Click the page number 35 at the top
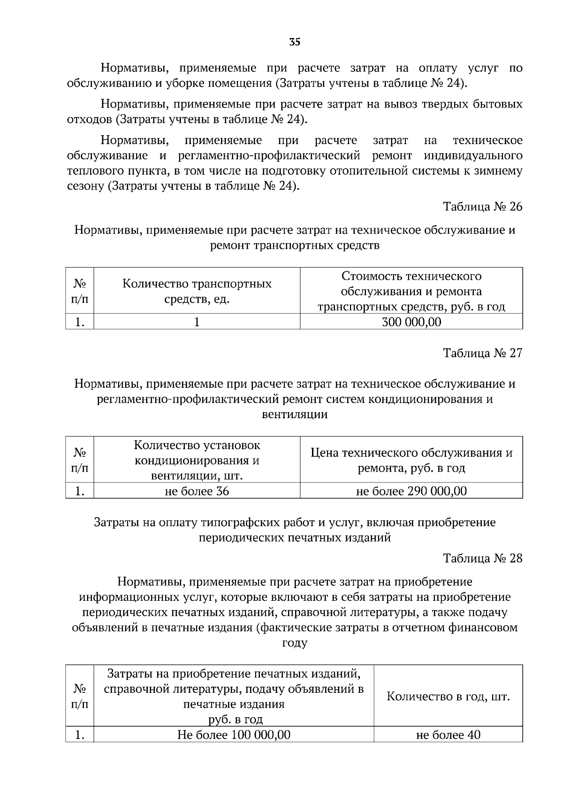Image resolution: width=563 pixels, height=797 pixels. click(x=295, y=42)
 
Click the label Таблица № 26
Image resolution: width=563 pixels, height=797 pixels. click(x=483, y=207)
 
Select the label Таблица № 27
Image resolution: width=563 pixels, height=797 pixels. click(x=483, y=353)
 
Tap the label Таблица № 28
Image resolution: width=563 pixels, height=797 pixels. click(x=483, y=558)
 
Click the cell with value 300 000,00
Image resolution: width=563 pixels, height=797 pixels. click(x=411, y=322)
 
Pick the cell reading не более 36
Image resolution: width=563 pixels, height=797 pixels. click(x=197, y=491)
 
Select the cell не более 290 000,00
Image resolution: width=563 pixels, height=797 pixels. click(x=411, y=491)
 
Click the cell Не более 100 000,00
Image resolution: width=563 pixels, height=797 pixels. click(x=234, y=735)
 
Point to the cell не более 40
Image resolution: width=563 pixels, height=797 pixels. click(x=448, y=735)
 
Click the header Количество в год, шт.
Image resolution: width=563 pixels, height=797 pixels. click(x=448, y=696)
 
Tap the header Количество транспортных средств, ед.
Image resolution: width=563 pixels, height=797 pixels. click(x=197, y=291)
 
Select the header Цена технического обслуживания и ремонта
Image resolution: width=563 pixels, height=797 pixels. click(x=411, y=460)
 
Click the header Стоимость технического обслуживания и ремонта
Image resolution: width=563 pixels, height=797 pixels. click(x=411, y=291)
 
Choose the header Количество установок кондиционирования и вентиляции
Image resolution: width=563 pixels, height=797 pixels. click(x=197, y=460)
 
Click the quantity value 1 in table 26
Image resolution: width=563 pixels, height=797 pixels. click(x=197, y=322)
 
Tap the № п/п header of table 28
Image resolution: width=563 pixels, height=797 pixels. click(x=79, y=696)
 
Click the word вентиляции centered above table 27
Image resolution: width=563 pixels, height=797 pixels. click(x=295, y=414)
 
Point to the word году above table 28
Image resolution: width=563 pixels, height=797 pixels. click(x=295, y=643)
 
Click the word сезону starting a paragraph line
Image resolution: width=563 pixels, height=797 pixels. click(x=85, y=186)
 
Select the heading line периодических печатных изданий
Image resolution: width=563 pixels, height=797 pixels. click(x=295, y=537)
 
